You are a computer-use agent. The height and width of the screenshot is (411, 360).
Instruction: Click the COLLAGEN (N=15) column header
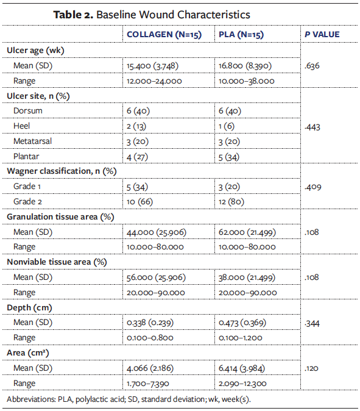[x=165, y=35]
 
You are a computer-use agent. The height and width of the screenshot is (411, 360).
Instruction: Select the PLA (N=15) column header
[x=241, y=35]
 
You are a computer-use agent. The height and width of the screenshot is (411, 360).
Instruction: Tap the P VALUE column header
[x=322, y=35]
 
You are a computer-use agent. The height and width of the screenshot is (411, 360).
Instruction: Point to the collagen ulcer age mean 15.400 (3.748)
[x=152, y=65]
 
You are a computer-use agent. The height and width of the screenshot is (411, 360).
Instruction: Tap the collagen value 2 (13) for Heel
[x=138, y=126]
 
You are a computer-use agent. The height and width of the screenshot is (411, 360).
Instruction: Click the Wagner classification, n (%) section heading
[x=61, y=171]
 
